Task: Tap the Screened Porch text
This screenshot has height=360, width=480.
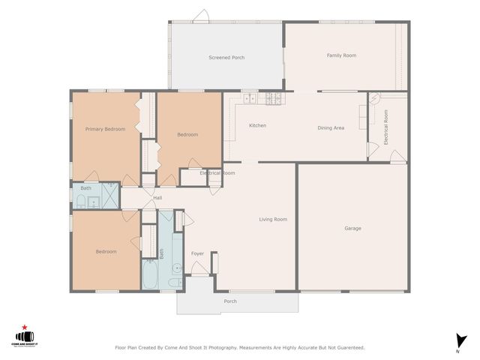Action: pos(226,58)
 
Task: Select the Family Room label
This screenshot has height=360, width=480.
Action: pos(340,55)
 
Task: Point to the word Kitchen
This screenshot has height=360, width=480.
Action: pos(257,125)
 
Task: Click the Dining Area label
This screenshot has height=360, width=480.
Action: pos(331,128)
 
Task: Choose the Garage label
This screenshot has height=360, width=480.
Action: pos(352,228)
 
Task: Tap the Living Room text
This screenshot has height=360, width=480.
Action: pos(273,219)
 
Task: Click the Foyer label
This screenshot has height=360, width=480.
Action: pos(197,253)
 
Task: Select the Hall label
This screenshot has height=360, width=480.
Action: pos(157,198)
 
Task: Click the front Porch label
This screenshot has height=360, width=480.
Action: pos(230,301)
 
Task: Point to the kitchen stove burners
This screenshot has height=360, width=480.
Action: pos(271,97)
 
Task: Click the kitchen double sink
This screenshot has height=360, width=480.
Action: pos(249,97)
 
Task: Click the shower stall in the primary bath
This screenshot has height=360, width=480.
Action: pos(110,196)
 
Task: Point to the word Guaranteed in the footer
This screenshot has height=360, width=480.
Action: pos(349,348)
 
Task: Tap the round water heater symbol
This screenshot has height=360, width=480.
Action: pos(375,97)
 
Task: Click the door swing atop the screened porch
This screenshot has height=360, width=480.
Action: pos(200,16)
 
